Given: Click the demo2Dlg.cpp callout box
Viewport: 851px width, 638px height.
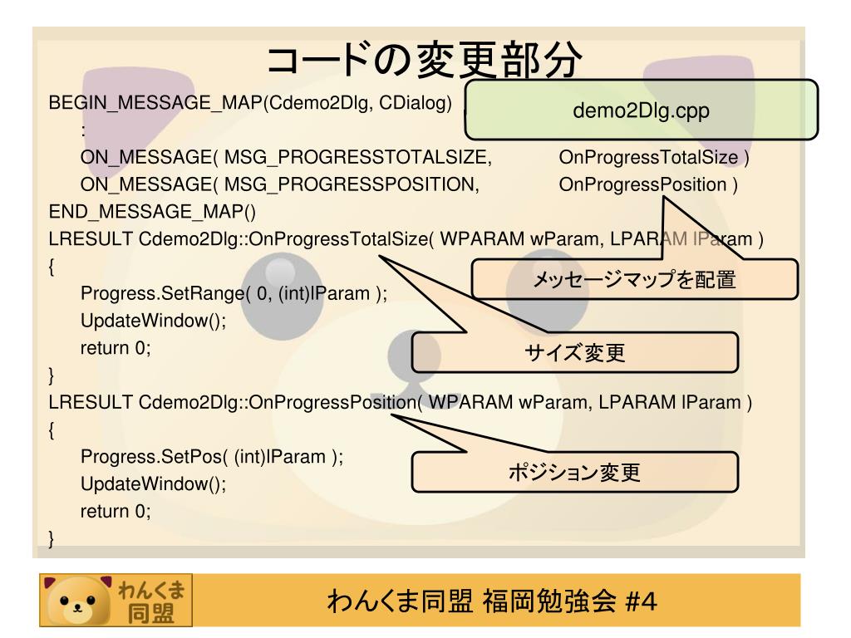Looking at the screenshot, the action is pos(641,110).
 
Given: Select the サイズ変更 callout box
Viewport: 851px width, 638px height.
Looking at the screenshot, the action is pos(574,353).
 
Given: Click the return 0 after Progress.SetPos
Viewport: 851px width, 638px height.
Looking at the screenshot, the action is pos(116,511).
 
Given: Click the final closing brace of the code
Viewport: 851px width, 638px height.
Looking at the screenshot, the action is pos(52,540).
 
